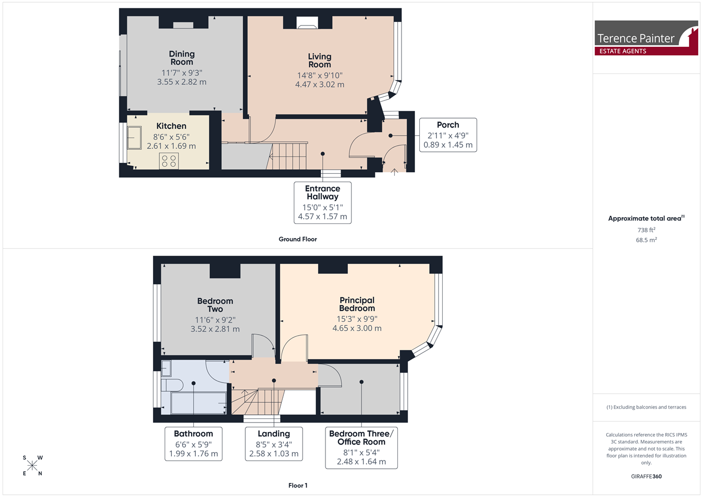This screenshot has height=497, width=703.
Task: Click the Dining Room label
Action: (182, 58)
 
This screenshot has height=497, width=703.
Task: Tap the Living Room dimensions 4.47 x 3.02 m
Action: (320, 84)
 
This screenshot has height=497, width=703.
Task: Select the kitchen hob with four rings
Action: (169, 161)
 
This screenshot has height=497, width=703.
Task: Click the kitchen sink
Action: (134, 138)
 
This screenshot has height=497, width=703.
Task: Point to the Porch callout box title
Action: (448, 125)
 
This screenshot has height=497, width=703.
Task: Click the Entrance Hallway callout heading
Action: (322, 193)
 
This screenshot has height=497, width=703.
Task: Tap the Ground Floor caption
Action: (297, 239)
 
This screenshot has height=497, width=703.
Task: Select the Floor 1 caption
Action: (298, 486)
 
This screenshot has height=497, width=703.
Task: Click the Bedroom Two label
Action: (215, 305)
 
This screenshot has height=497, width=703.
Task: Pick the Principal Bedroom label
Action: (357, 304)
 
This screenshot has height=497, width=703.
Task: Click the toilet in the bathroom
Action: (172, 386)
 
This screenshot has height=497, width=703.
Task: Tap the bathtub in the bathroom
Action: (198, 403)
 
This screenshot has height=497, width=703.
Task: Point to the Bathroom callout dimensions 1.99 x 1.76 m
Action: (193, 454)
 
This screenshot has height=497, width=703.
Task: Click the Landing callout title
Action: (274, 434)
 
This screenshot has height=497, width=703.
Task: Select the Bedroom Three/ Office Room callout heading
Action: (361, 438)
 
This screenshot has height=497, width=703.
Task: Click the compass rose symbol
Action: (32, 466)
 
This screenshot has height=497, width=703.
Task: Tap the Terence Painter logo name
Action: (635, 39)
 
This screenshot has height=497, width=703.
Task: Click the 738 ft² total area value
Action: (646, 230)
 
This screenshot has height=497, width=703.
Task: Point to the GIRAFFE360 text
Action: (646, 476)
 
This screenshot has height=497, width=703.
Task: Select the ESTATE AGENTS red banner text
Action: (623, 51)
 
